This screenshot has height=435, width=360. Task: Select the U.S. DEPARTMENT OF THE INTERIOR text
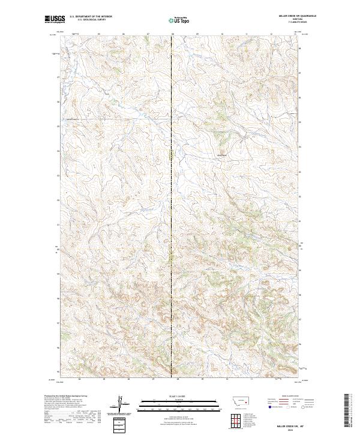click(x=91, y=17)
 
